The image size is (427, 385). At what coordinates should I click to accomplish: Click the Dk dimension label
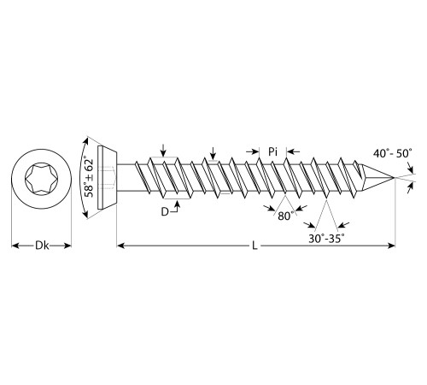[42, 246]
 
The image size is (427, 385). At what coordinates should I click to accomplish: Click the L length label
[254, 246]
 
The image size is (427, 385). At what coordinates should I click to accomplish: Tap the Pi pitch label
[272, 151]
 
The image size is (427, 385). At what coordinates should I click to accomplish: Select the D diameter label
[165, 212]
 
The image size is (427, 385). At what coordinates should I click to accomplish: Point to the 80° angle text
[285, 216]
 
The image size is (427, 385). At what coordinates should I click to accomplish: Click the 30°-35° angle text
[326, 239]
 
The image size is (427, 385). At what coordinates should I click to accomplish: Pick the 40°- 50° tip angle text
[393, 153]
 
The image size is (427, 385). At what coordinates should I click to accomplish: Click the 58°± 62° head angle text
[89, 178]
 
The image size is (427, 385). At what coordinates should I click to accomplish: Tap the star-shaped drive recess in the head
[41, 178]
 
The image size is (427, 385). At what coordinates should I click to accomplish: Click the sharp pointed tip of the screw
[395, 178]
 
